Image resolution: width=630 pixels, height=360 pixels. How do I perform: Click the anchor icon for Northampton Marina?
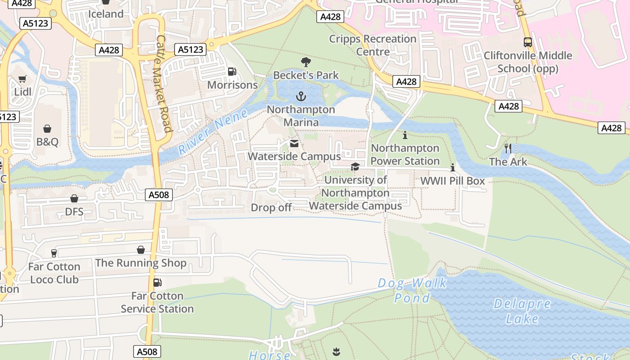(301, 96)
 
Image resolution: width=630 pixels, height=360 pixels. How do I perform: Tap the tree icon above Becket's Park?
(306, 62)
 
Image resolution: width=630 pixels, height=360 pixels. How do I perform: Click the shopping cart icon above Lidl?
(22, 79)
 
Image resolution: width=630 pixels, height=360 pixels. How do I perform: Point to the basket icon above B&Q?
(47, 129)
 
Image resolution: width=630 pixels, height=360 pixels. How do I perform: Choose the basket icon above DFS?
(74, 198)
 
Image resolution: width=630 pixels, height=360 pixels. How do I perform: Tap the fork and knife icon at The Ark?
(508, 148)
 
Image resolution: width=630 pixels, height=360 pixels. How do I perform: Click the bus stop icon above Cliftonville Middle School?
(527, 42)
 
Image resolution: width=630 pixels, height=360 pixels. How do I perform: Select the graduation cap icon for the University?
(355, 167)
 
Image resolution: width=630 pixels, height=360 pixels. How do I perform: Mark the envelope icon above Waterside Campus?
(294, 144)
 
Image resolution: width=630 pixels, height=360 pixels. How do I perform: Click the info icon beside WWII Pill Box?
(453, 167)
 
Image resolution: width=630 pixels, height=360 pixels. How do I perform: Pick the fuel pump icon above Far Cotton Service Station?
(157, 283)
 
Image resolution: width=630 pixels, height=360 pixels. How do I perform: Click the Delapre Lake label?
(522, 311)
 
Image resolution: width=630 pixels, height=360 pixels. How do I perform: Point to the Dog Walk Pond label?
(412, 290)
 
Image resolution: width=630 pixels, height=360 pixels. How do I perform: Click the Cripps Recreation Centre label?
(373, 45)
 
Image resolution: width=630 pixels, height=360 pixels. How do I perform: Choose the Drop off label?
(271, 207)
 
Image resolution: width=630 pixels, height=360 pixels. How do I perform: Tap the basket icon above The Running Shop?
(141, 250)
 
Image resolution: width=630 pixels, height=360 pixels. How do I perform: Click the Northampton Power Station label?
(405, 154)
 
